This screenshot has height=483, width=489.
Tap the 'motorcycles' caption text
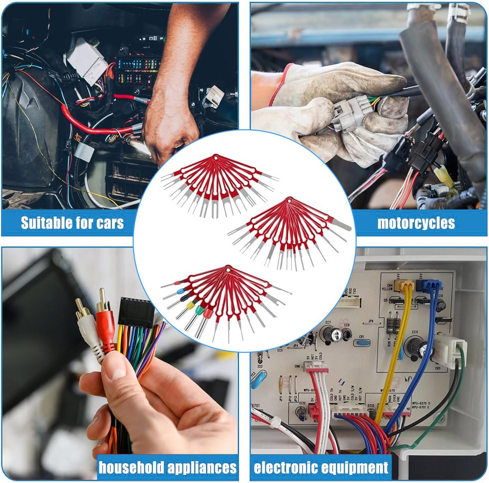click(x=416, y=223)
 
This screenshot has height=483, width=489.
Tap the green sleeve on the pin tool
click(x=198, y=310)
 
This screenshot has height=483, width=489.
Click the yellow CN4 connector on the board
click(x=404, y=285)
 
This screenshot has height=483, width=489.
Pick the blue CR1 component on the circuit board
click(x=361, y=343)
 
